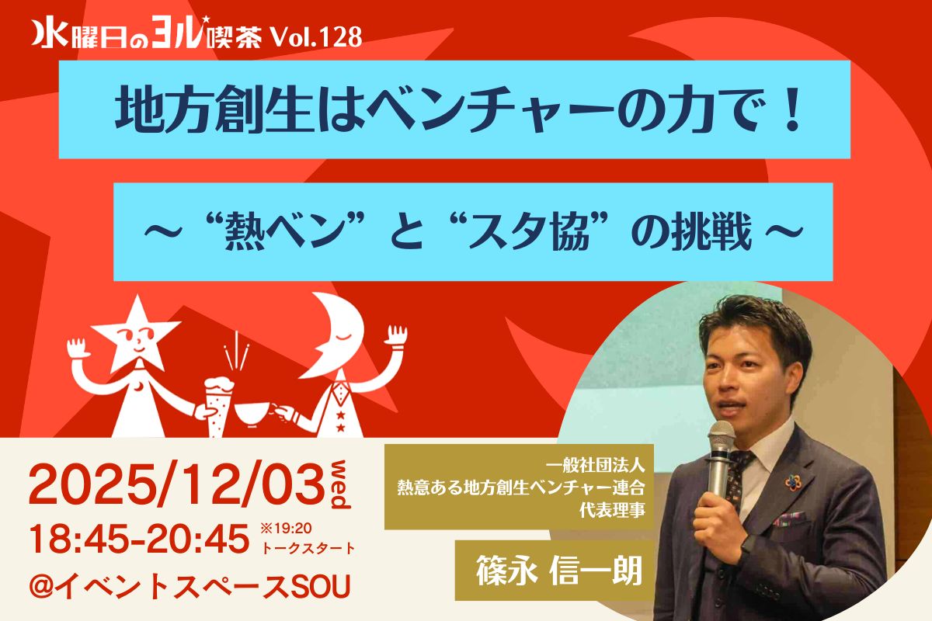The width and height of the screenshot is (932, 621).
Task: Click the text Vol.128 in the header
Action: [316, 38]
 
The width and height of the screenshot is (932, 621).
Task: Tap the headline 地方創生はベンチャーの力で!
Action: [458, 110]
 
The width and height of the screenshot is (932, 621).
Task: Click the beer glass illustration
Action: [217, 405]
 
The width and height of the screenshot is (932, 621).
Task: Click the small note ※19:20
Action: [286, 529]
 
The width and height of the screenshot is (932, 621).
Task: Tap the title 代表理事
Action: [612, 510]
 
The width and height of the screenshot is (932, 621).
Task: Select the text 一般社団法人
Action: [595, 466]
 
